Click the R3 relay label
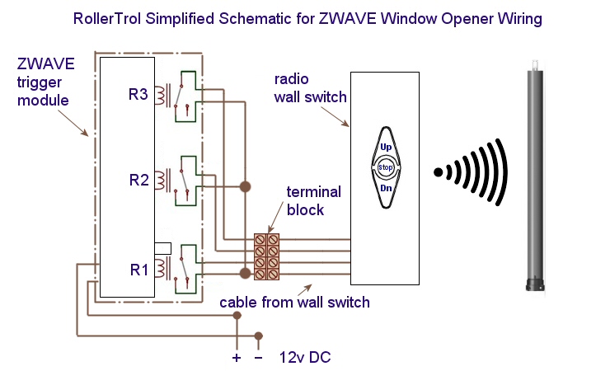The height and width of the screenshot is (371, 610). coord(138,95)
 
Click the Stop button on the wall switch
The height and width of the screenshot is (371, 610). coord(386,168)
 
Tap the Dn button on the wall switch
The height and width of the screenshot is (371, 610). coord(386,189)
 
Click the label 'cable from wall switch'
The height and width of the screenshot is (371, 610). coord(294,303)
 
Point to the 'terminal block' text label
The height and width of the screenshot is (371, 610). coord(313,200)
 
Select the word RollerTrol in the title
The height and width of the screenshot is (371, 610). coord(107,17)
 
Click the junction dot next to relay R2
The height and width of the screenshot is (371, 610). coord(244,188)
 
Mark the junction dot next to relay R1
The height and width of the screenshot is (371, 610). coord(244,273)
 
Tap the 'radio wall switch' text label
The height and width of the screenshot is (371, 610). coord(310,89)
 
